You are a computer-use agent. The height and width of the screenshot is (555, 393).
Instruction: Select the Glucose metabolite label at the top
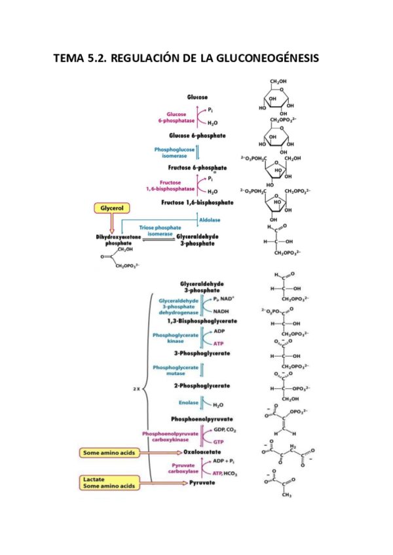coord(197,97)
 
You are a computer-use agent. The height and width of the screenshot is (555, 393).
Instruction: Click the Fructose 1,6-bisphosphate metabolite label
coord(197,203)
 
